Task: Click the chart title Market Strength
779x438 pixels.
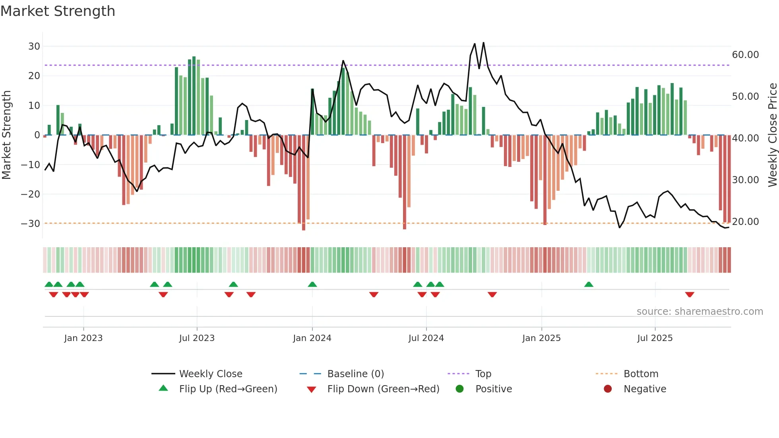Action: point(58,11)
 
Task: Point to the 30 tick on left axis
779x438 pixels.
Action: point(34,47)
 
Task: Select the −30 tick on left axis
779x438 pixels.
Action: point(31,224)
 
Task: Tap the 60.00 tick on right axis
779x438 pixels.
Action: point(745,55)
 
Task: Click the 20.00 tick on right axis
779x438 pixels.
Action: point(745,222)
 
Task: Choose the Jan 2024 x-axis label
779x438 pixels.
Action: point(312,338)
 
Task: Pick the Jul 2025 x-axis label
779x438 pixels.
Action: point(655,338)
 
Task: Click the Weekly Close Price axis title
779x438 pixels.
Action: point(772,135)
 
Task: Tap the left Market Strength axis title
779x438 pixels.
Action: point(6,135)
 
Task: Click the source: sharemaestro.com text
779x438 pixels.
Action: point(700,312)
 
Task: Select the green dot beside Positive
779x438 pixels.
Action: point(460,389)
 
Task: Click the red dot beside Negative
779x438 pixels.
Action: point(608,389)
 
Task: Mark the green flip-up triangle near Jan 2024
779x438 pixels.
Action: point(312,285)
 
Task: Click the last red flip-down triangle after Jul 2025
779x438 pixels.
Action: point(690,295)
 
